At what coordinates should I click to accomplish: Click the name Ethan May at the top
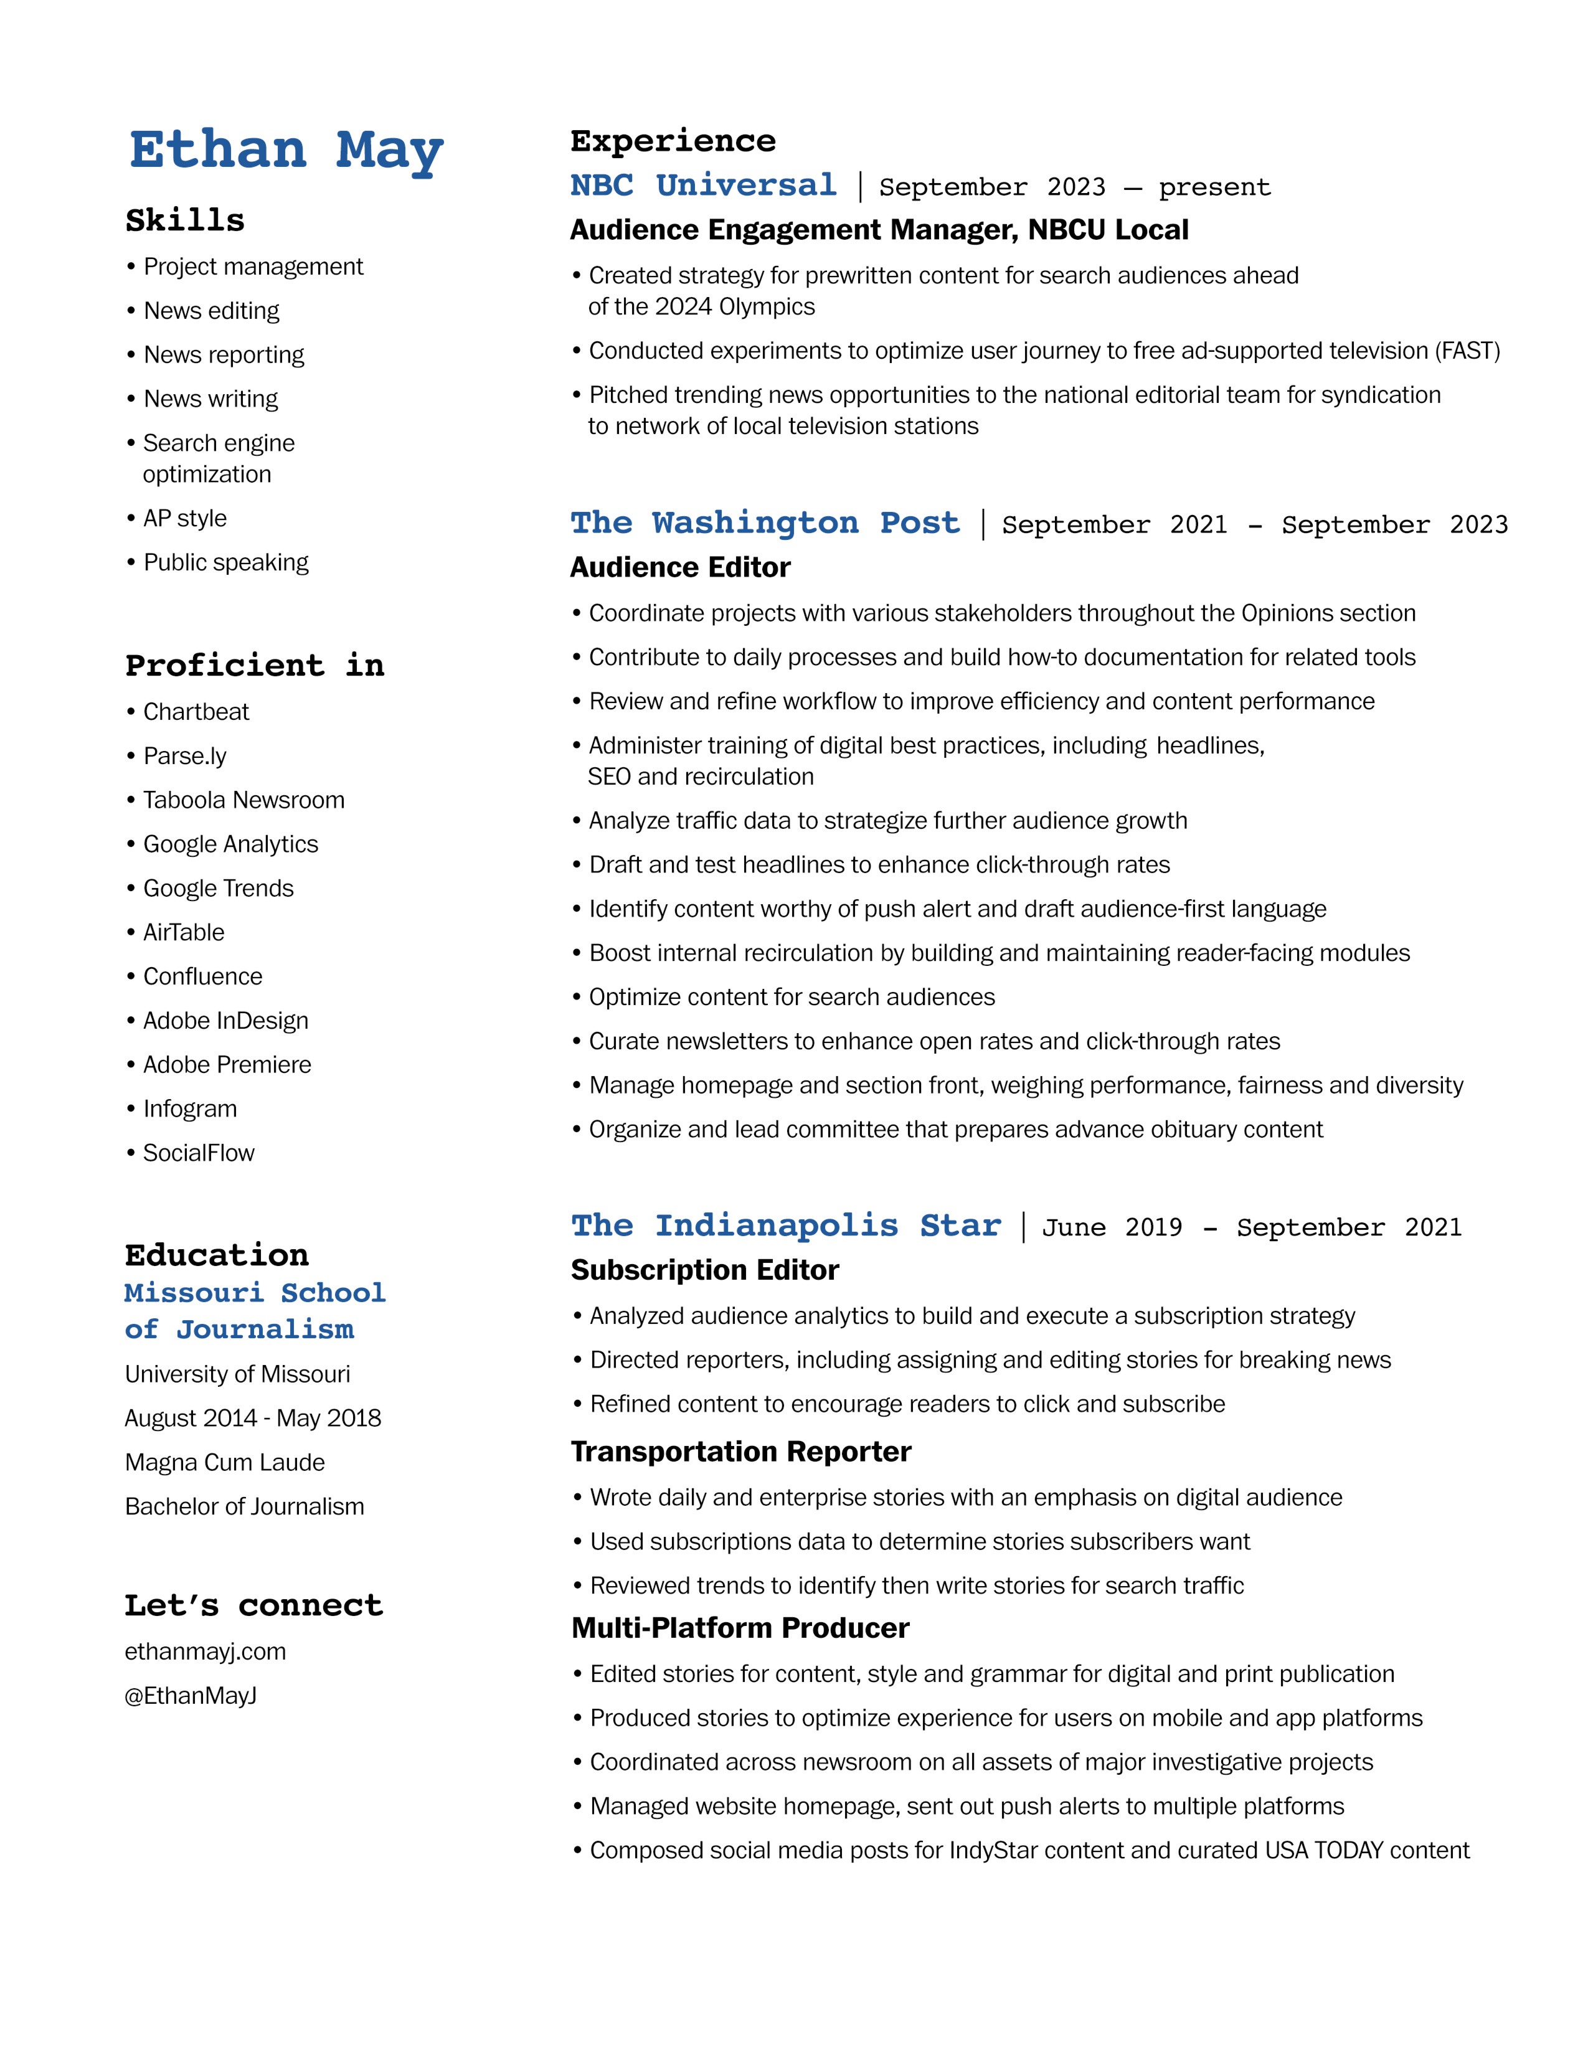tap(286, 151)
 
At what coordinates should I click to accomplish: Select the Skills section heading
tap(186, 220)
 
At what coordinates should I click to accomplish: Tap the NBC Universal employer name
tap(704, 186)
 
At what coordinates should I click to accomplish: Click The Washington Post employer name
tap(765, 522)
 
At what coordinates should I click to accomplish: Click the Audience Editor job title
tap(680, 567)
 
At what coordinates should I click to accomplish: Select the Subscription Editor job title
tap(704, 1270)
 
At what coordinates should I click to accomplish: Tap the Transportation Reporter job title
tap(740, 1452)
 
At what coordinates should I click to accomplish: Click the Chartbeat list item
tap(196, 712)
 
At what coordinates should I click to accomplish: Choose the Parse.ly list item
tap(184, 757)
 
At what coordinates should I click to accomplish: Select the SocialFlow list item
tap(199, 1153)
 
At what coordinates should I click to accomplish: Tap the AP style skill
tap(184, 519)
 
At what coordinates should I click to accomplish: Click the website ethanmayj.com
tap(205, 1651)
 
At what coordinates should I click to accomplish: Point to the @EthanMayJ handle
tap(191, 1696)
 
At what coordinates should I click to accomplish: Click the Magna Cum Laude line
tap(225, 1462)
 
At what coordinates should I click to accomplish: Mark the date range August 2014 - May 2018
tap(253, 1418)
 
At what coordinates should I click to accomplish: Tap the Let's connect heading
tap(254, 1605)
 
